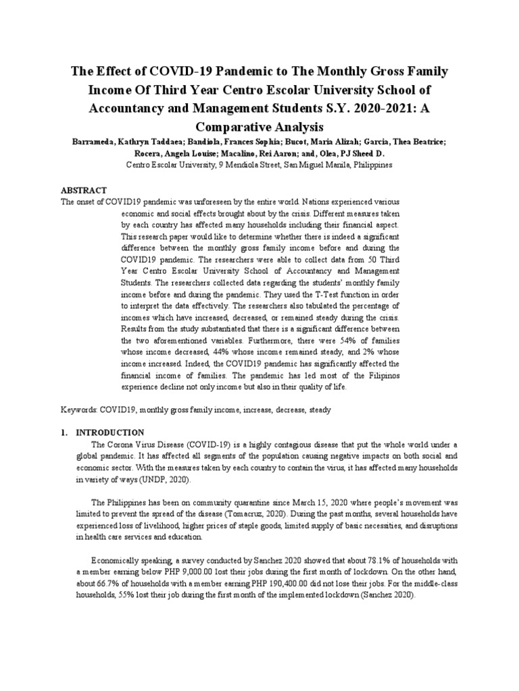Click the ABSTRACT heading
pos(84,191)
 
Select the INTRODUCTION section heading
pos(109,432)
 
